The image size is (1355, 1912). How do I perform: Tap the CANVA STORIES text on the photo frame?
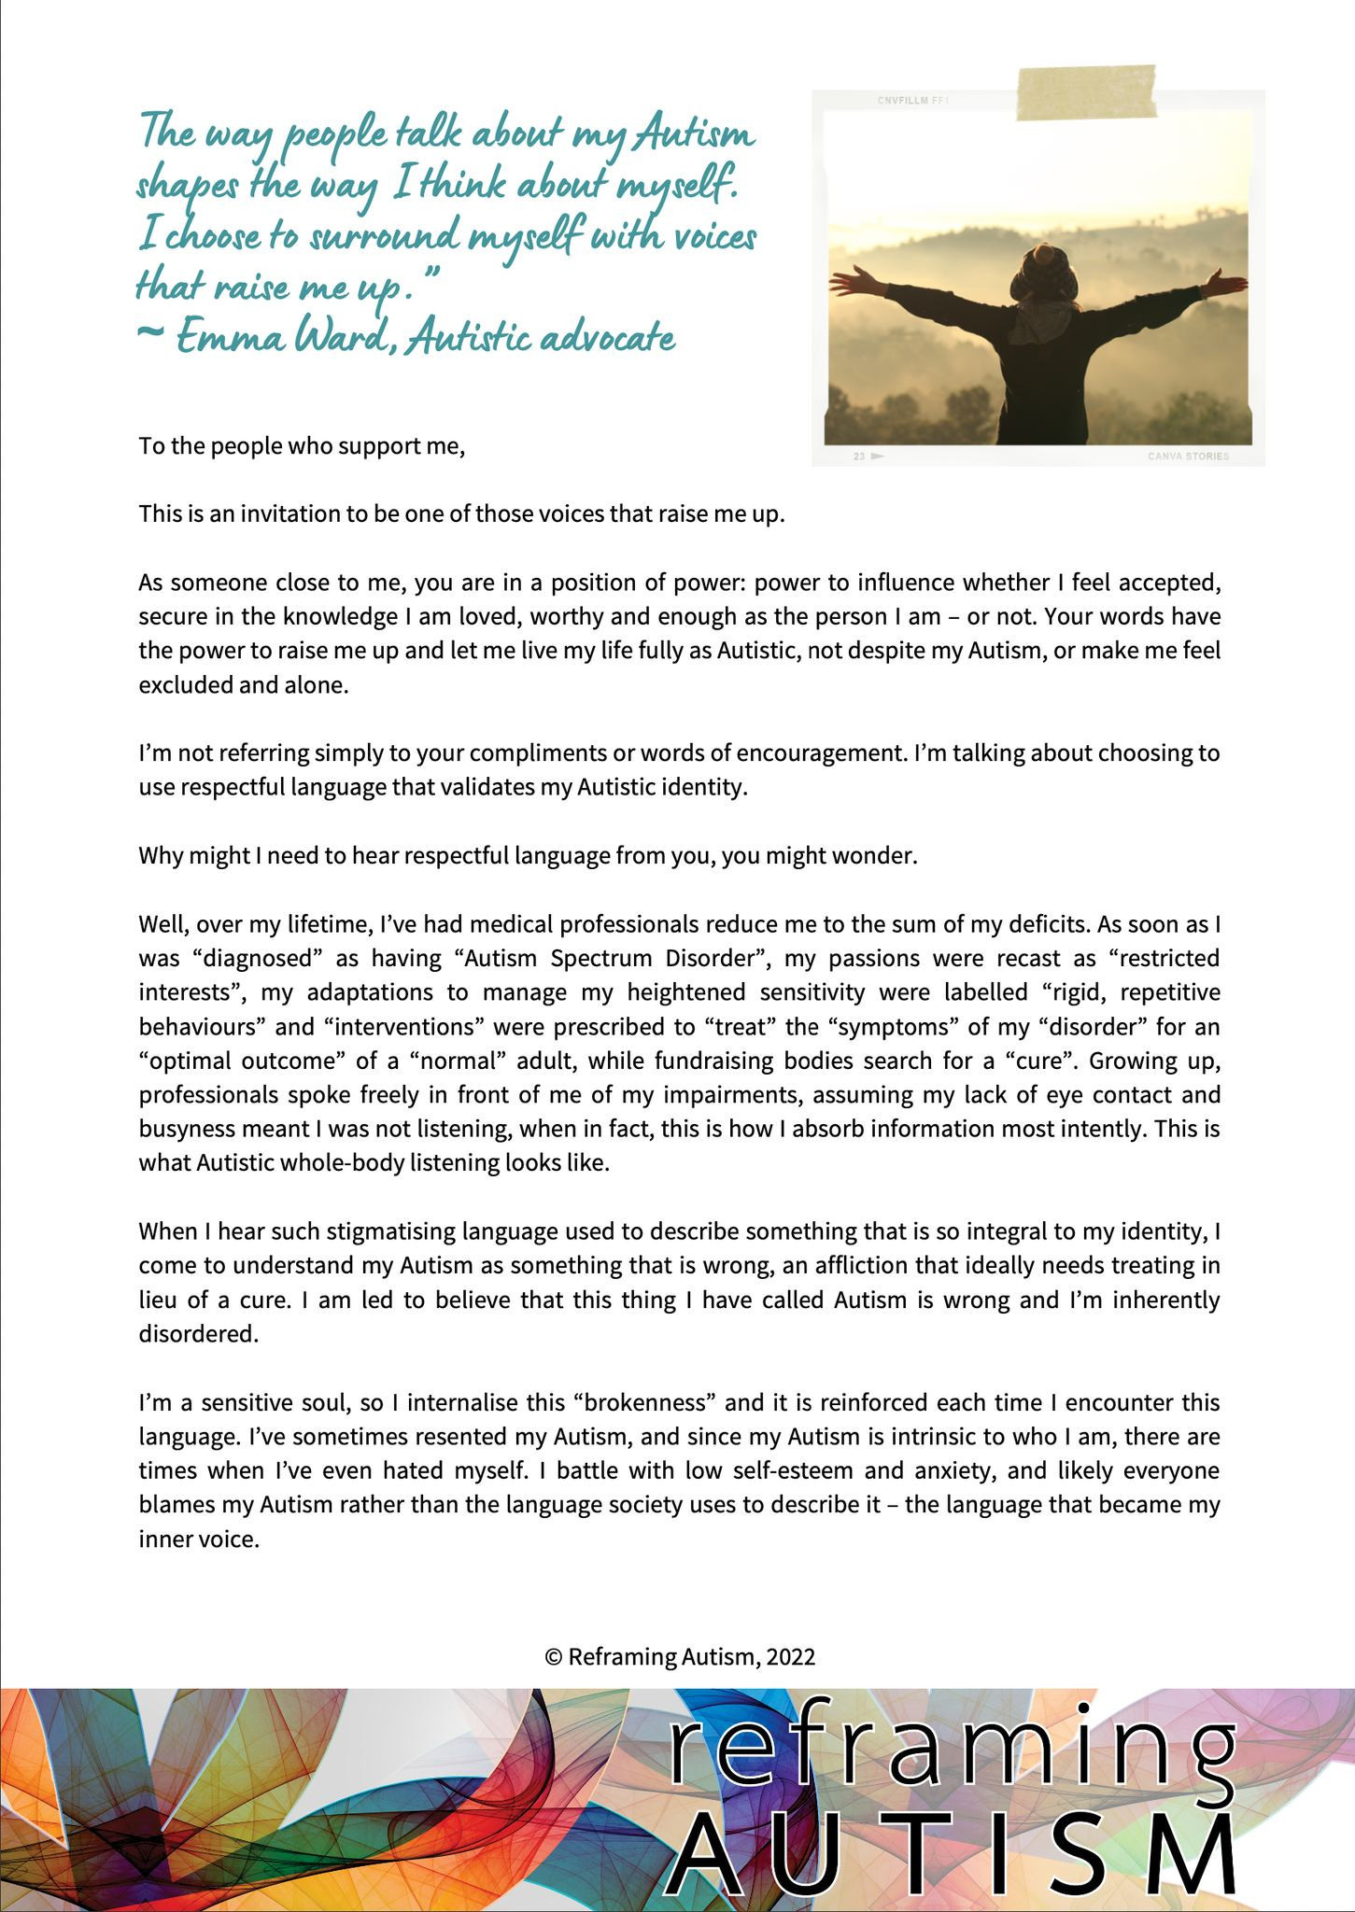(1188, 457)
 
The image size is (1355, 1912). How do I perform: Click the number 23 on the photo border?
(859, 457)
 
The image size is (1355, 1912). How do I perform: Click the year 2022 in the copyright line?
(791, 1657)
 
